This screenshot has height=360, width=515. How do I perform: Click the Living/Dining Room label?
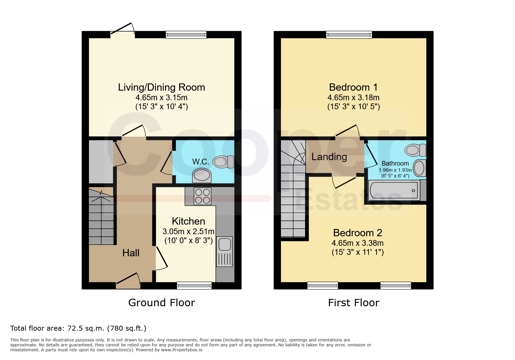pyautogui.click(x=161, y=87)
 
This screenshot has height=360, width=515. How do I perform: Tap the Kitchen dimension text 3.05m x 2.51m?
pyautogui.click(x=188, y=232)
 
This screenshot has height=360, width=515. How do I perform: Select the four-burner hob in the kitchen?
pyautogui.click(x=203, y=196)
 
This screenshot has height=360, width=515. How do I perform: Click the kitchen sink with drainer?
pyautogui.click(x=224, y=252)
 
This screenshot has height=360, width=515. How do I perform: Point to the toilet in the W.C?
pyautogui.click(x=224, y=162)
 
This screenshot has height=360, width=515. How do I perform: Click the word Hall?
pyautogui.click(x=131, y=253)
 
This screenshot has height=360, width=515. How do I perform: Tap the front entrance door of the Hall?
pyautogui.click(x=128, y=281)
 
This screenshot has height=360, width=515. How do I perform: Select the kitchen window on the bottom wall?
pyautogui.click(x=194, y=286)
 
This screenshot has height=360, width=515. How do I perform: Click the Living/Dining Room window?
pyautogui.click(x=186, y=35)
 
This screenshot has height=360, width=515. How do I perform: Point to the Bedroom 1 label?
pyautogui.click(x=353, y=87)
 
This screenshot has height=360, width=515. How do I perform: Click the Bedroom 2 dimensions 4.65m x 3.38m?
pyautogui.click(x=358, y=243)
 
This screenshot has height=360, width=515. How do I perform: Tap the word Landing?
pyautogui.click(x=329, y=157)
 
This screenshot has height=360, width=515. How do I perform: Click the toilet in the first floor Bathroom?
pyautogui.click(x=416, y=150)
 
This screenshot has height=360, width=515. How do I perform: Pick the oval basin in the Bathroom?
pyautogui.click(x=419, y=168)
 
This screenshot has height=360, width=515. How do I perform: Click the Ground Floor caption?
pyautogui.click(x=162, y=303)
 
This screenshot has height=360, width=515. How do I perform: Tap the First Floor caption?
pyautogui.click(x=354, y=303)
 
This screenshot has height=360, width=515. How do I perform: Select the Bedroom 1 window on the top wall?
pyautogui.click(x=349, y=35)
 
